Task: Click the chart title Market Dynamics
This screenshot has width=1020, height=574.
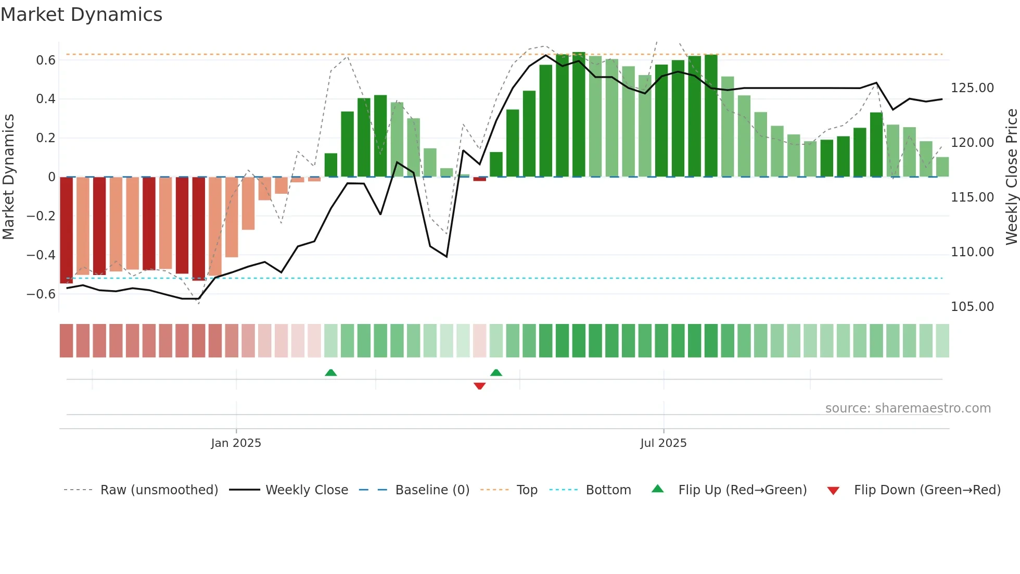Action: tap(82, 15)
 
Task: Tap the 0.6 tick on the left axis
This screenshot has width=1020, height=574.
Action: tap(46, 60)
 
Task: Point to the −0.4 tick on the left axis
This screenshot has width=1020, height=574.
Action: tap(41, 255)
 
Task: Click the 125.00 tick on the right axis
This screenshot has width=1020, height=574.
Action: tap(972, 88)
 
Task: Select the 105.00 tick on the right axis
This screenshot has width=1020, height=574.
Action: tap(972, 307)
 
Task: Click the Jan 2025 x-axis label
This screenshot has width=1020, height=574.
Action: tap(236, 443)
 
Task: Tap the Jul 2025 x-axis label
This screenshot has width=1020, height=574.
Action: tap(663, 443)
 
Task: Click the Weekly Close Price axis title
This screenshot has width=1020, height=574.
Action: tap(1011, 177)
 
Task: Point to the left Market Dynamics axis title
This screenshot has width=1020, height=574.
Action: tap(8, 177)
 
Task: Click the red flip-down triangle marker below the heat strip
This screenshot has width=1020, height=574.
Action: tap(479, 386)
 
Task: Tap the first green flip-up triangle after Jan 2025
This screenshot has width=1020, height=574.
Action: tap(330, 372)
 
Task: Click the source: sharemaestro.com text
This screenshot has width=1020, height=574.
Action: tap(908, 408)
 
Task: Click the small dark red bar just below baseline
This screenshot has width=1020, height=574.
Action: tap(479, 179)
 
